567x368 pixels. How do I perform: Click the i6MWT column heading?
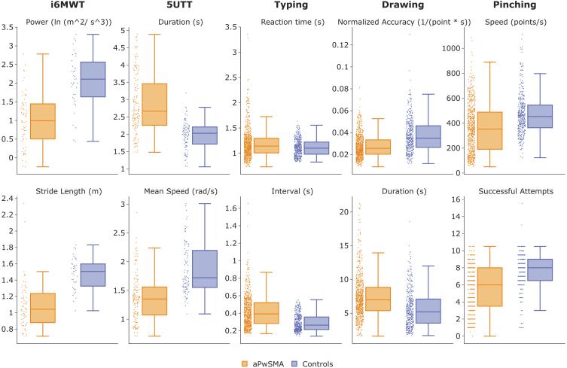coord(61,6)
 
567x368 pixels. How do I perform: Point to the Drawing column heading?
coord(391,6)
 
